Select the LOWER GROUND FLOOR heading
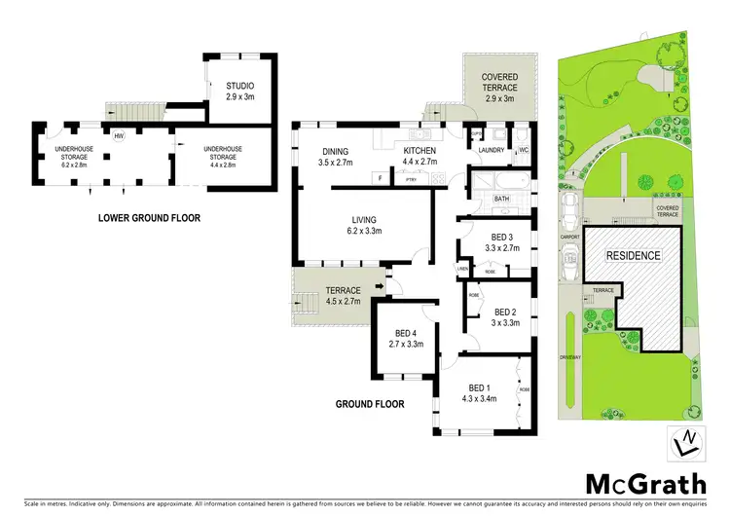pos(150,218)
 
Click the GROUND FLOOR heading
pos(371,403)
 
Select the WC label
pos(523,151)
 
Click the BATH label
pos(501,199)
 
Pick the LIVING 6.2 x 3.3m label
pos(364,225)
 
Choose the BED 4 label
pos(401,338)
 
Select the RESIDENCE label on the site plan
pos(634,256)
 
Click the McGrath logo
pos(639,485)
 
